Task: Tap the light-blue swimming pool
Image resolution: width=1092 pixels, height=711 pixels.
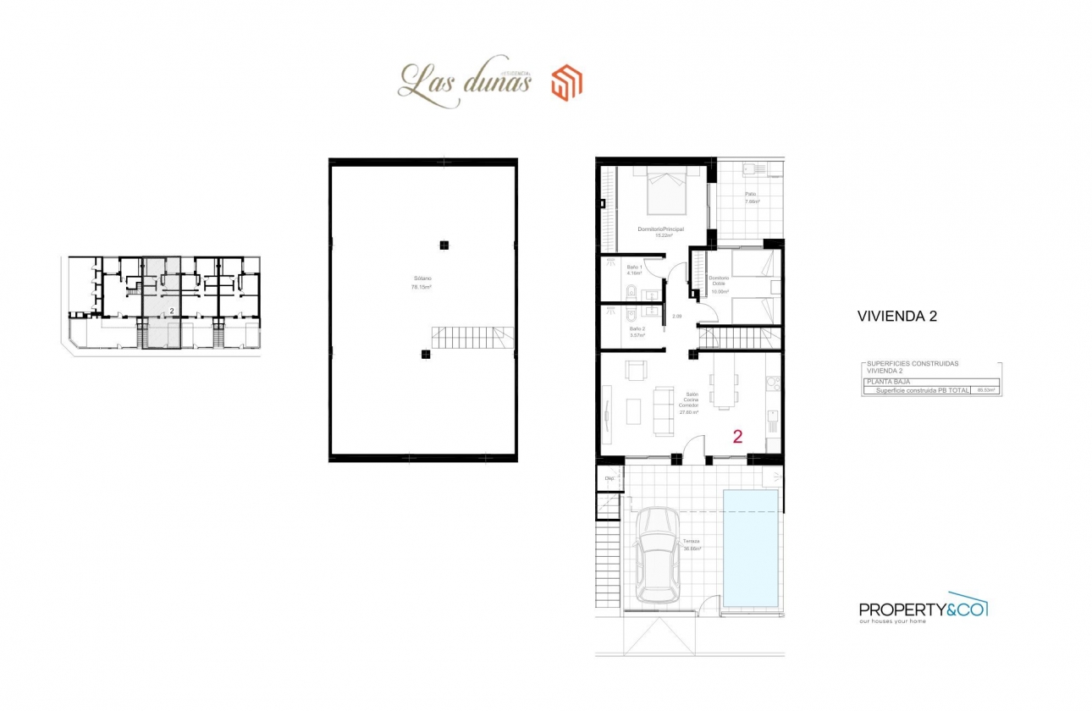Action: pyautogui.click(x=751, y=548)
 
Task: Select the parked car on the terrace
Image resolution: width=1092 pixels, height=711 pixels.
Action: pyautogui.click(x=658, y=554)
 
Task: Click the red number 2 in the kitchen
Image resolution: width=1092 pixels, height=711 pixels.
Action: pyautogui.click(x=737, y=437)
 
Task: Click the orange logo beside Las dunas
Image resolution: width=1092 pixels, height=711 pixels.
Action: pyautogui.click(x=566, y=84)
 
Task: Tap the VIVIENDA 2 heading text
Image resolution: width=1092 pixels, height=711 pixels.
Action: pyautogui.click(x=896, y=317)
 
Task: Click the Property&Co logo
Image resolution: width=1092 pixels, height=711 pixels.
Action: pyautogui.click(x=923, y=609)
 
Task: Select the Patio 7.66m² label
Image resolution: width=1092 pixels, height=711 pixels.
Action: pyautogui.click(x=752, y=198)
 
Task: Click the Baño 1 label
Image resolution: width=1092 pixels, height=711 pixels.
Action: pyautogui.click(x=635, y=270)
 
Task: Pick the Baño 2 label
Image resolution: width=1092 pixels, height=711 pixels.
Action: pyautogui.click(x=637, y=332)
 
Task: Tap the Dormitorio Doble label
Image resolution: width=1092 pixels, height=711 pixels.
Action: pyautogui.click(x=720, y=284)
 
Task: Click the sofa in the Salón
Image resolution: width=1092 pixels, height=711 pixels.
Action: pyautogui.click(x=662, y=405)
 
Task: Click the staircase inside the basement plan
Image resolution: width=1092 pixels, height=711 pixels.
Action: pyautogui.click(x=472, y=338)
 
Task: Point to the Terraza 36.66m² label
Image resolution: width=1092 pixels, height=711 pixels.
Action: pyautogui.click(x=691, y=545)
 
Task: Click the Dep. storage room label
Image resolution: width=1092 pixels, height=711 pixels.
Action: pyautogui.click(x=609, y=478)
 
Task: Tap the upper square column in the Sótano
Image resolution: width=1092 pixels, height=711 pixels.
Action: pyautogui.click(x=443, y=245)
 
